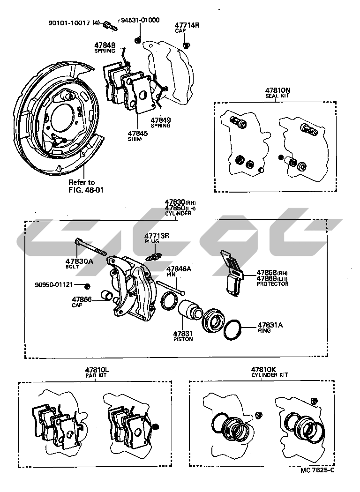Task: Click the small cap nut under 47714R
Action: click(x=186, y=45)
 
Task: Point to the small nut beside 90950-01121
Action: click(x=87, y=286)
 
